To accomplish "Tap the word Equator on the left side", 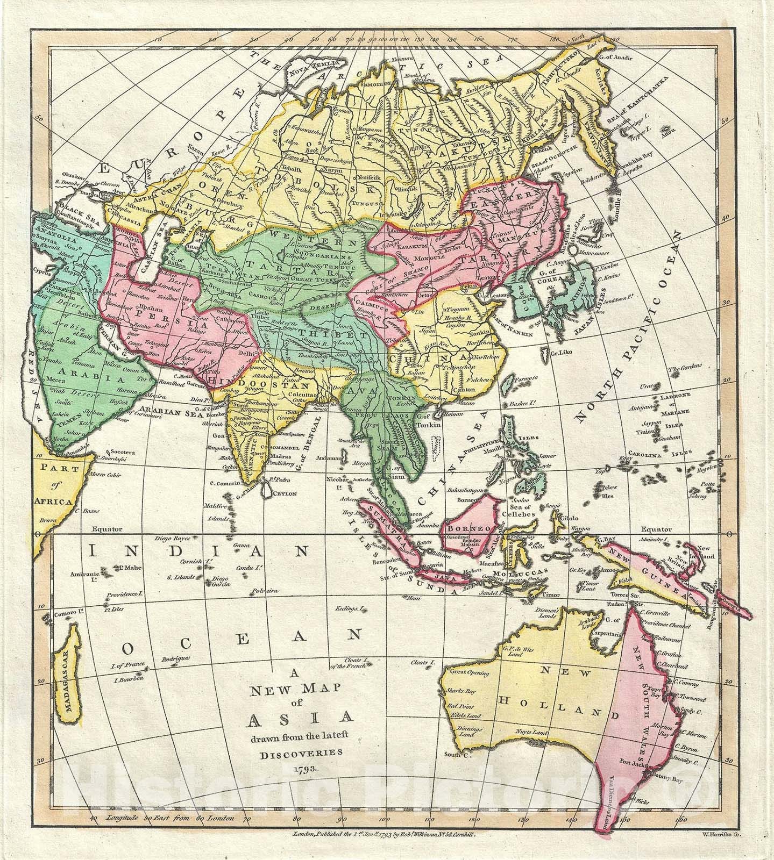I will [x=107, y=529].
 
